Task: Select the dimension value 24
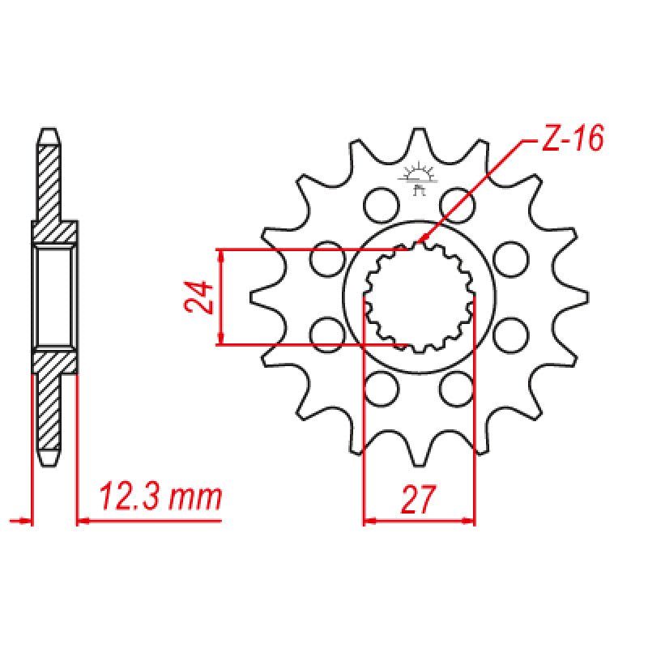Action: pos(199,296)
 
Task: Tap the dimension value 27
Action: pos(418,500)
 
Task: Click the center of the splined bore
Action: pos(419,296)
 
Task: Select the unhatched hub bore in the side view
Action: pos(55,296)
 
